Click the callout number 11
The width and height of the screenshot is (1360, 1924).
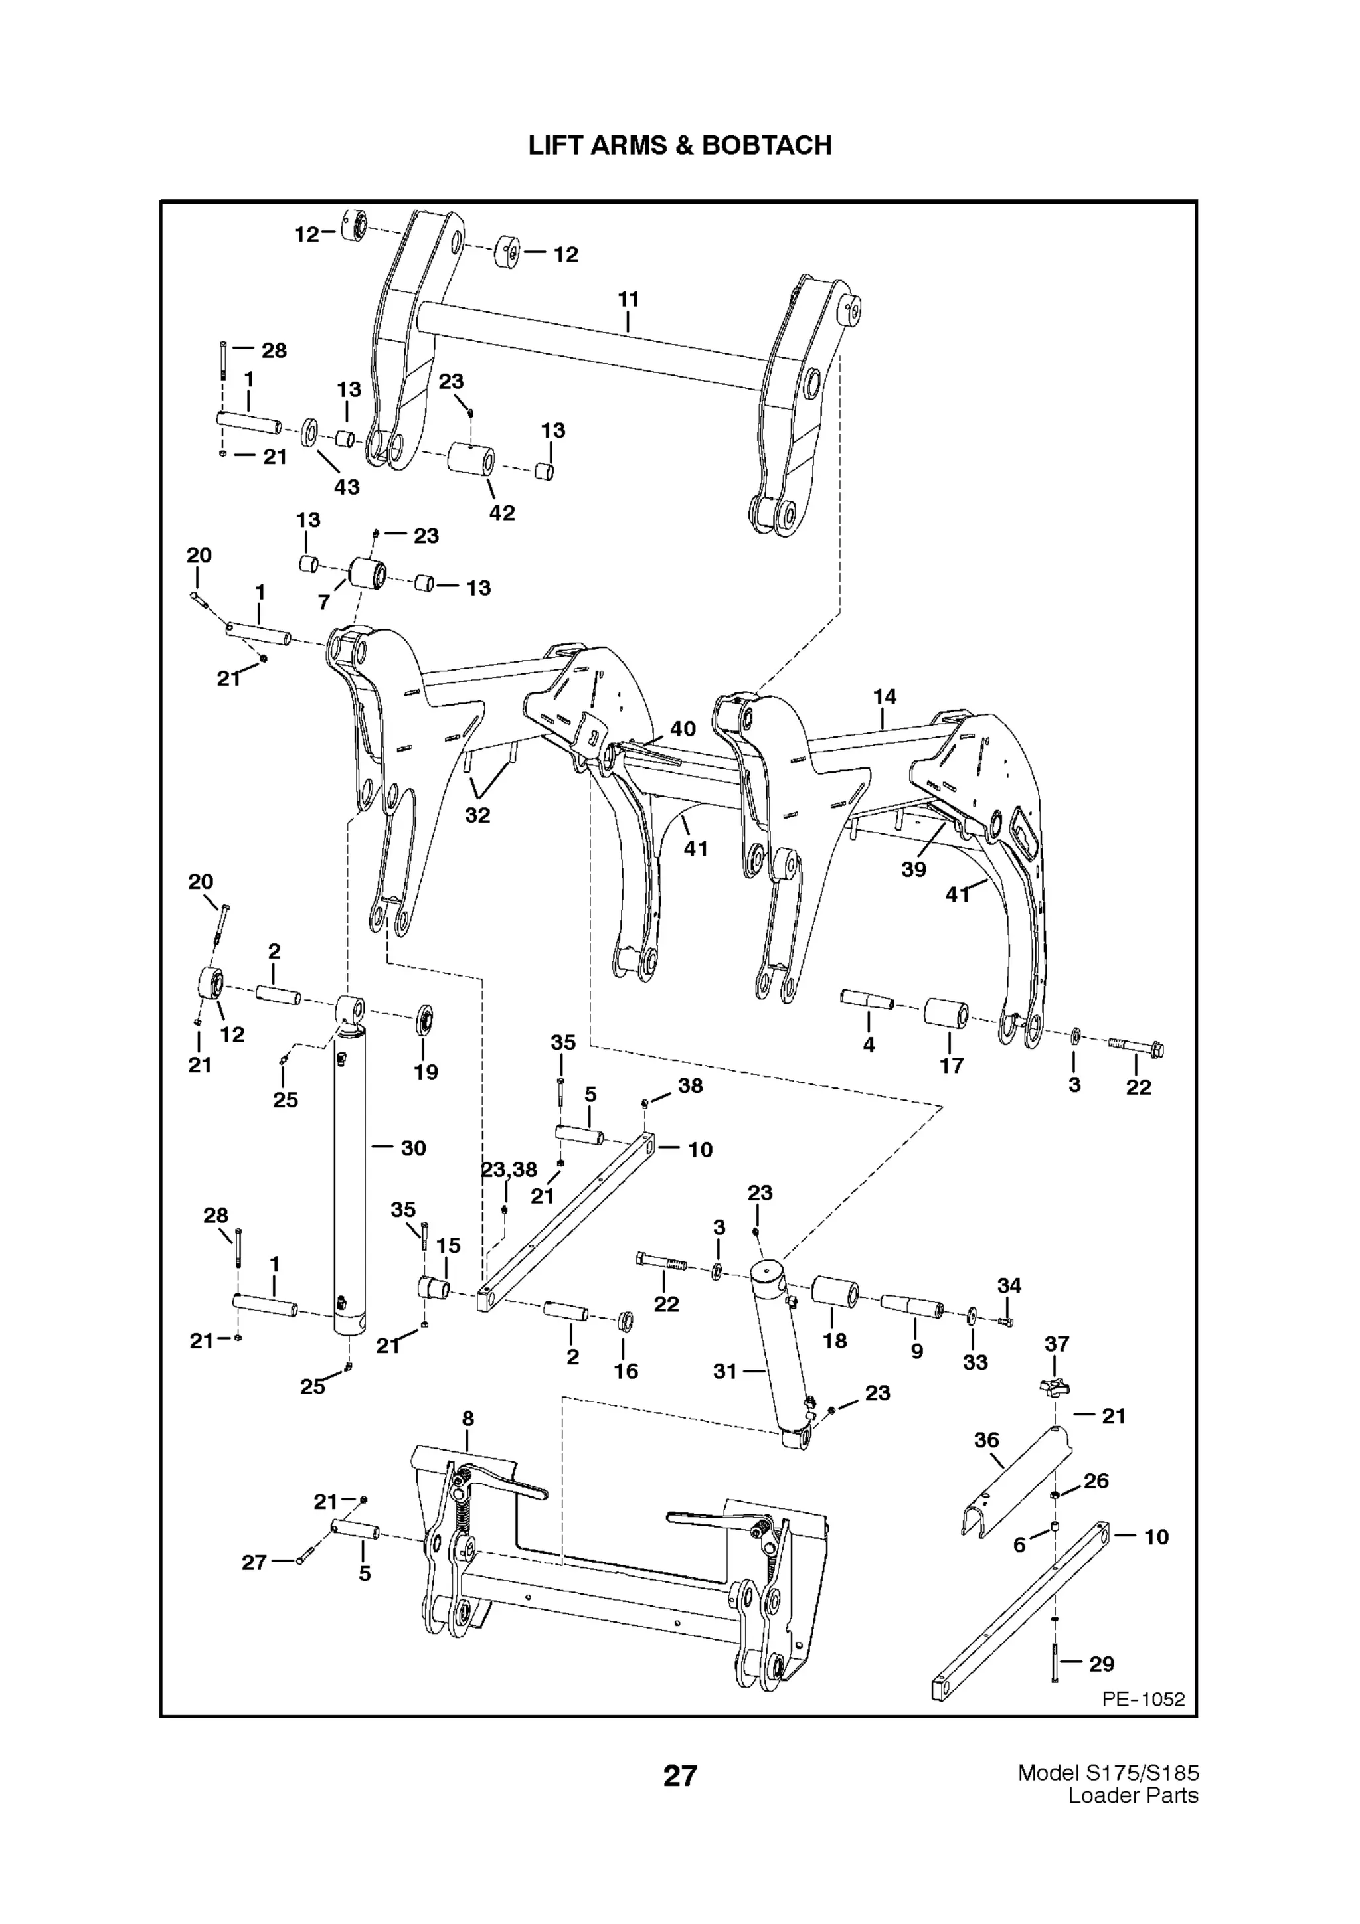[628, 299]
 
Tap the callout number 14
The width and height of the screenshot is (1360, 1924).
[884, 696]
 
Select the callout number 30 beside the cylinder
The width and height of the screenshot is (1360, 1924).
[413, 1148]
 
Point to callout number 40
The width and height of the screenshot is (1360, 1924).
[683, 728]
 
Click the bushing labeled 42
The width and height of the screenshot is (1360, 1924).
[471, 459]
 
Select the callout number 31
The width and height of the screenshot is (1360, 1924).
[725, 1371]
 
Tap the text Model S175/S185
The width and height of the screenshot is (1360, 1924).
[1108, 1773]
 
